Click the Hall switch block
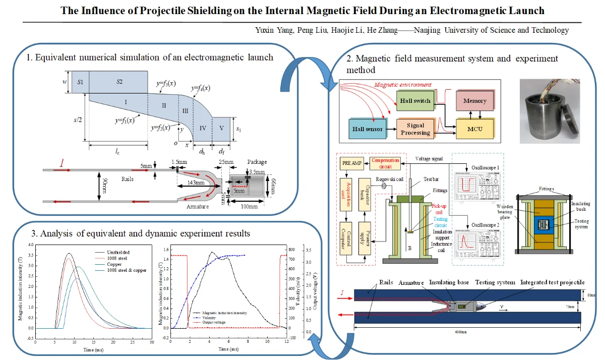[415, 101]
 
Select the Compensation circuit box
[385, 163]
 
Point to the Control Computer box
[347, 237]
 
